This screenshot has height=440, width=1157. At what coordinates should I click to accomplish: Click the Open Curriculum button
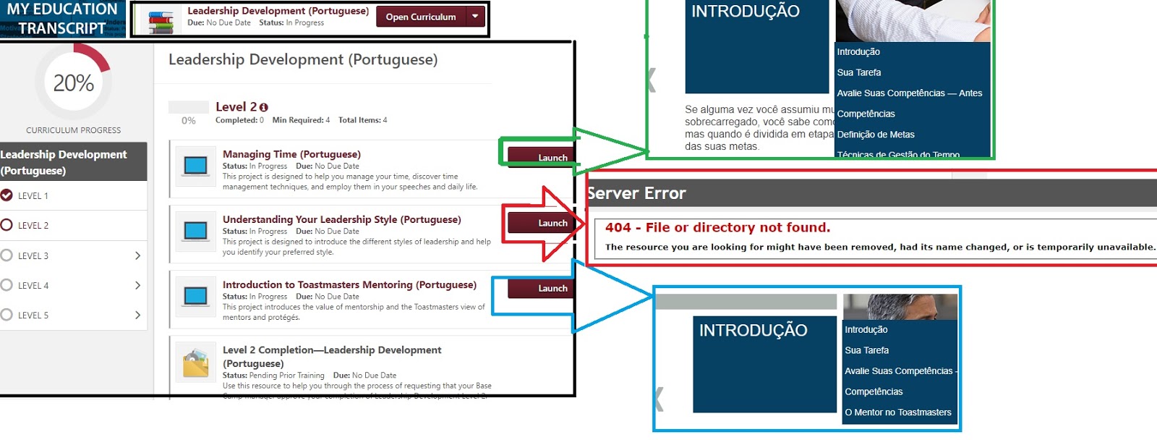(421, 17)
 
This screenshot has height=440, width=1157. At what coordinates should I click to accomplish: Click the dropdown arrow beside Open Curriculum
(475, 16)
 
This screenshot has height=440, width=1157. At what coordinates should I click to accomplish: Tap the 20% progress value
(74, 83)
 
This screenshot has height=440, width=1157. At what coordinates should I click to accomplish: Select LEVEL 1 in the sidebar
(33, 196)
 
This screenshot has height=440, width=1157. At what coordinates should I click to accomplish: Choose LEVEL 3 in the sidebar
(33, 255)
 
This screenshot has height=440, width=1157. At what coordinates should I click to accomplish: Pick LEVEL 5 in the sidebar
(33, 316)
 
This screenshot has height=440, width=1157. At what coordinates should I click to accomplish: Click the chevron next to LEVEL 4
(137, 285)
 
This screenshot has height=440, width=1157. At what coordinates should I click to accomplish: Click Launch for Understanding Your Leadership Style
(551, 223)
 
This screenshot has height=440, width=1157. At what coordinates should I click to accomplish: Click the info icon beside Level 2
(264, 107)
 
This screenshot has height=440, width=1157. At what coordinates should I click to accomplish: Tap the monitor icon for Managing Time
(195, 166)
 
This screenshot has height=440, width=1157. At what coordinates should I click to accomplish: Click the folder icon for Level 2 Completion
(195, 363)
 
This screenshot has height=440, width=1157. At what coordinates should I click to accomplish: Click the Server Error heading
(636, 193)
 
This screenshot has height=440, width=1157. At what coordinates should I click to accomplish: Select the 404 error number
(618, 227)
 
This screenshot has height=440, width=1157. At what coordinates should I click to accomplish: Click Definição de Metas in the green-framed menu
(876, 135)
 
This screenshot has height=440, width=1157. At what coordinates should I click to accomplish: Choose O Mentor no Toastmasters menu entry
(898, 412)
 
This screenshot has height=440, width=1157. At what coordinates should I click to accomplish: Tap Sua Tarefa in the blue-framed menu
(867, 350)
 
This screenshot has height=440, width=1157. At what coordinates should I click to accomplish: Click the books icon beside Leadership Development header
(161, 21)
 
